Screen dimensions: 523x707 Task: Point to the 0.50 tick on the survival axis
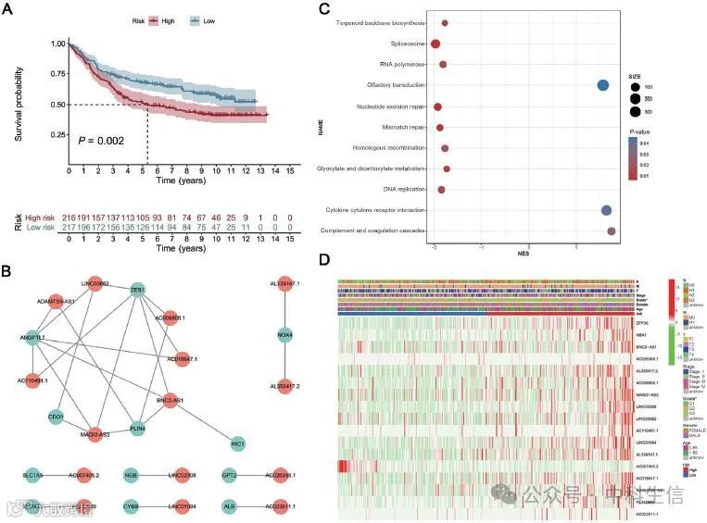[x=57, y=104]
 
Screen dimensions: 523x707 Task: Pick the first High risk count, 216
[x=69, y=215]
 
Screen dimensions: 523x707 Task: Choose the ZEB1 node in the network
[x=138, y=289]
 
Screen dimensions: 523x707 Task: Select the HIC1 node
[x=239, y=444]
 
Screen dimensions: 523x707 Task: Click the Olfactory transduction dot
[x=603, y=85]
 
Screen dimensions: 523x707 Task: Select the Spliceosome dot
[x=435, y=44]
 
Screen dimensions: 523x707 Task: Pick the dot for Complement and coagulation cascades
[x=612, y=230]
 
